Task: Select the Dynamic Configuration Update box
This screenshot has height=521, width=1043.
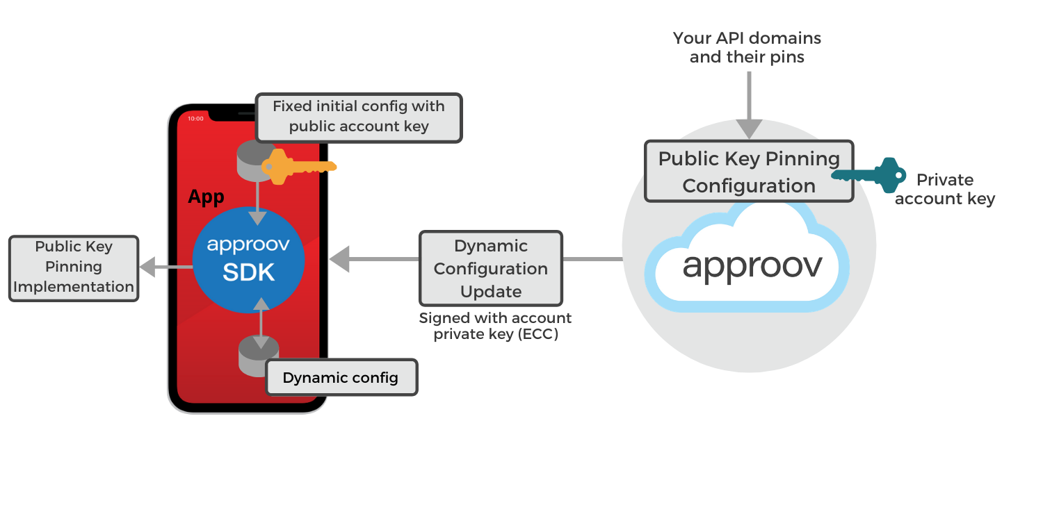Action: pos(490,269)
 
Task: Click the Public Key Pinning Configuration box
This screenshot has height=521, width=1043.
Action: pos(748,172)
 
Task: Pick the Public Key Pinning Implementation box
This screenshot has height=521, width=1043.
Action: pos(74,268)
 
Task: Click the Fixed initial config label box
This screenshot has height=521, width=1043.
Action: pos(358,117)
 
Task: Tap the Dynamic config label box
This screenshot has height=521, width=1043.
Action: pos(341,378)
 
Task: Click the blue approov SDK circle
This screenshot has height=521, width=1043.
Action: pos(248,260)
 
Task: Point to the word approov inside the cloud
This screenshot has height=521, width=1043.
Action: pos(752,265)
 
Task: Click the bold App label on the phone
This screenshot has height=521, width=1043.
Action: pos(206,197)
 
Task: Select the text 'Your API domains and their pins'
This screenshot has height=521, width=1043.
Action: pos(747,47)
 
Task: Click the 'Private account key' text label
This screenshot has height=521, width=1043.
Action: pos(944,190)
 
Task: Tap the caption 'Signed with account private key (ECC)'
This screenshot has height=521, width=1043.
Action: pos(494,326)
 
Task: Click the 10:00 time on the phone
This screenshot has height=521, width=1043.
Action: pos(196,119)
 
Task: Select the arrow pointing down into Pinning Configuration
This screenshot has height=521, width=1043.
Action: pos(749,104)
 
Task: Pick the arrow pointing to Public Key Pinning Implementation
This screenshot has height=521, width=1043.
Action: pos(156,267)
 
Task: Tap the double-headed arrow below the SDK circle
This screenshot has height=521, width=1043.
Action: pos(261,323)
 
